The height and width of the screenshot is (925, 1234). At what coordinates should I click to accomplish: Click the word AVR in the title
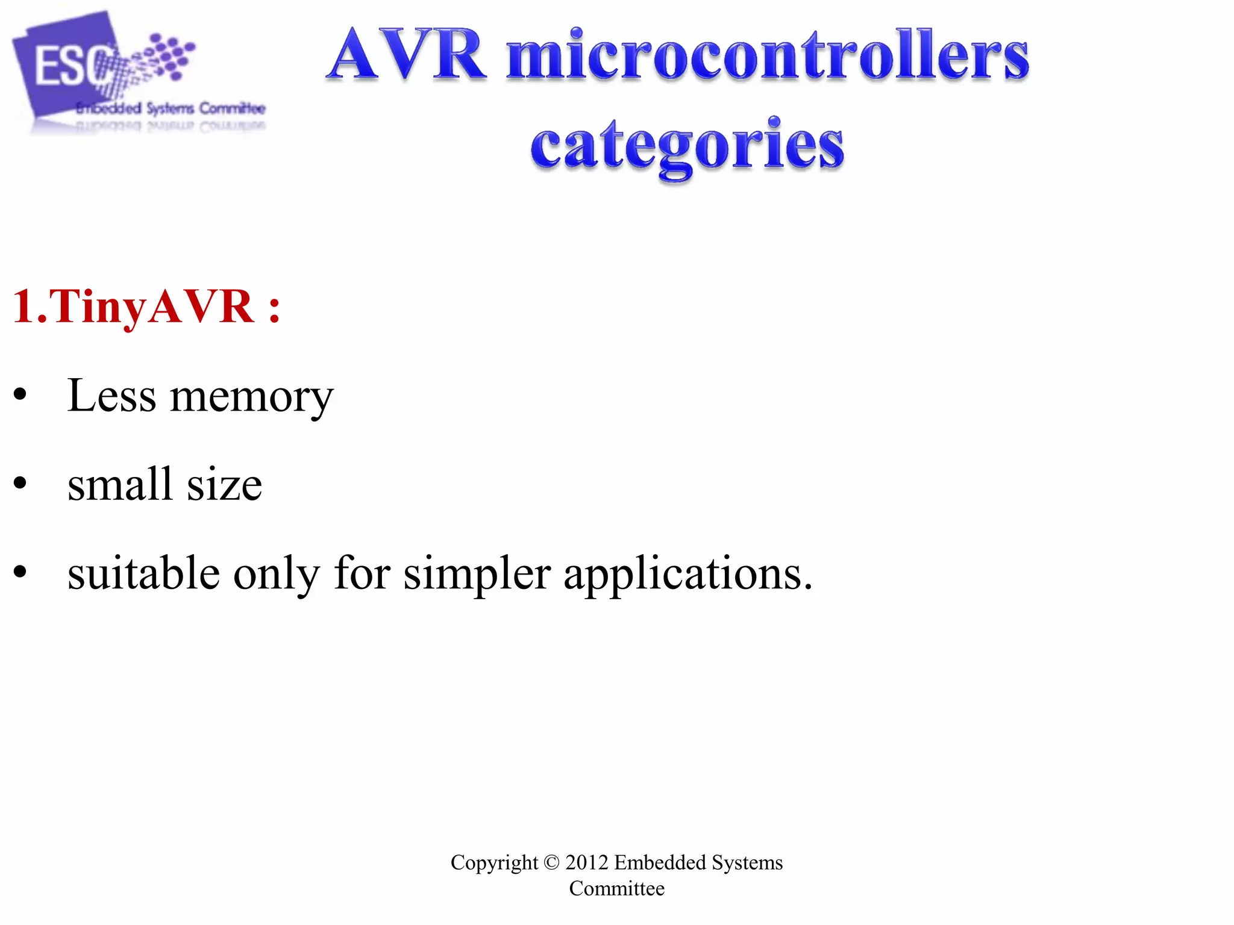click(407, 55)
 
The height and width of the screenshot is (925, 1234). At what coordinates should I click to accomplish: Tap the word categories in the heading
click(687, 146)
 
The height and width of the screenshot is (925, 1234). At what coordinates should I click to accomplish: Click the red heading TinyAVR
click(133, 307)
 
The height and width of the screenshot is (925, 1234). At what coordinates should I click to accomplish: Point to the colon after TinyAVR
click(274, 308)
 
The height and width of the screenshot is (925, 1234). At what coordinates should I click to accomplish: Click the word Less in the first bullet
click(111, 396)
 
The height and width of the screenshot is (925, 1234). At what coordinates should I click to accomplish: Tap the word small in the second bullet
click(120, 484)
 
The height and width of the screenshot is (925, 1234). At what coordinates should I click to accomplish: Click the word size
click(224, 485)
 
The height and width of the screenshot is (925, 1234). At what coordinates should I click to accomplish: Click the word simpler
click(477, 574)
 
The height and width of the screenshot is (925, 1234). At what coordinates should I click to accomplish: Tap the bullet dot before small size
click(20, 484)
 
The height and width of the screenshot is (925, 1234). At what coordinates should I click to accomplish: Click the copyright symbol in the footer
click(551, 863)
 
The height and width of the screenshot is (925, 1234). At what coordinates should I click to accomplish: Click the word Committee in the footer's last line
click(616, 889)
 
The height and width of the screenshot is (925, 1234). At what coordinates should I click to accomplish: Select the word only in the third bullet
click(277, 574)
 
